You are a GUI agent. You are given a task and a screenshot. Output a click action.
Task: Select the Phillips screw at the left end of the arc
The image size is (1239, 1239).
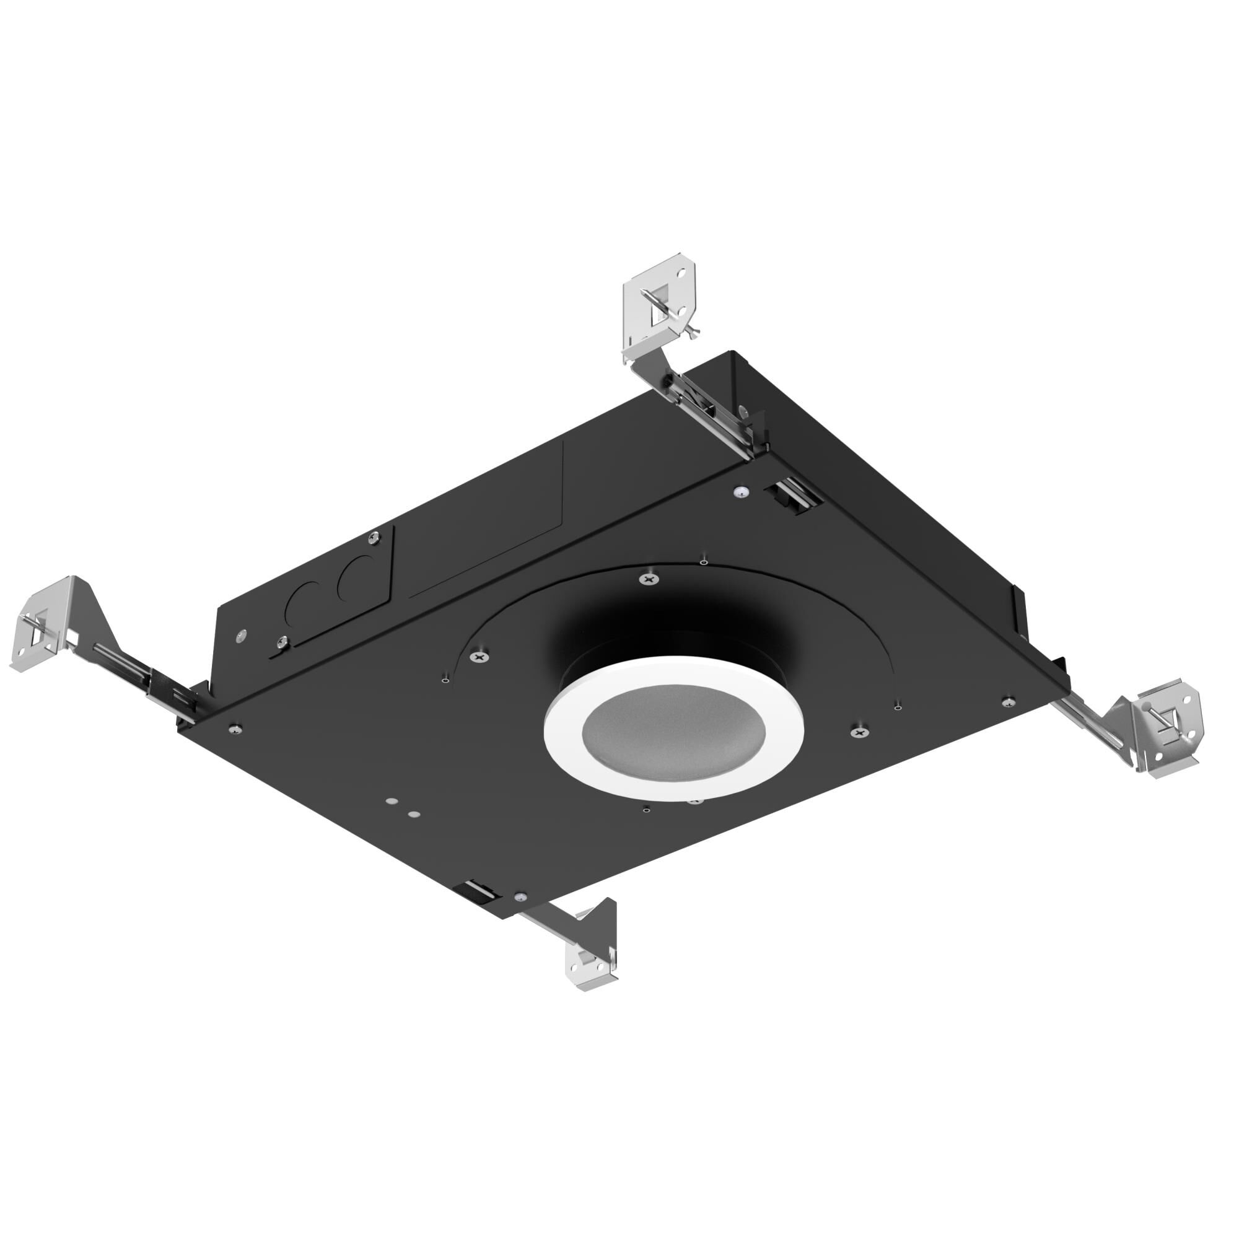(480, 656)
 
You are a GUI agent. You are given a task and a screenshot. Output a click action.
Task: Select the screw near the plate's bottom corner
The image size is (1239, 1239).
(521, 896)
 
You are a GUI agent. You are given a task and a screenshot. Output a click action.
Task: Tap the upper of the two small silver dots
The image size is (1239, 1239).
(390, 801)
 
